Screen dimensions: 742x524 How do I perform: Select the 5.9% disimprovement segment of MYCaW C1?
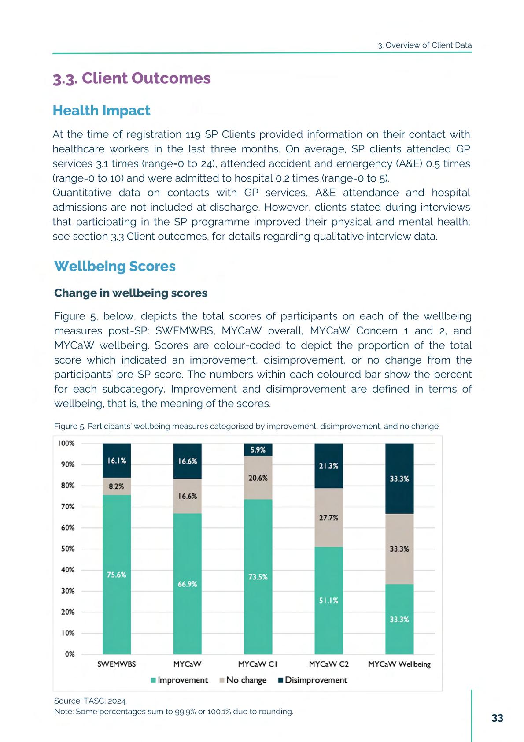tap(258, 450)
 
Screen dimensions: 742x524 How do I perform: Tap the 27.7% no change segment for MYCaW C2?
tap(328, 518)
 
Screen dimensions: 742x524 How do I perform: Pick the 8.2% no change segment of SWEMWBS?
tap(117, 486)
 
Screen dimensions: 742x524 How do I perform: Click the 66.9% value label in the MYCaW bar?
tap(187, 584)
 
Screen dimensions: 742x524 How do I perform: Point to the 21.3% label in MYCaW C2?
tap(328, 466)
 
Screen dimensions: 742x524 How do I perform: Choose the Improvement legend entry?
tap(179, 680)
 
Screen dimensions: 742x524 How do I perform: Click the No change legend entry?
tap(243, 680)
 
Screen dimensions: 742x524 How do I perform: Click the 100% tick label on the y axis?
tap(66, 444)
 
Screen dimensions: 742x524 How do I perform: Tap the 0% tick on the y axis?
tap(70, 654)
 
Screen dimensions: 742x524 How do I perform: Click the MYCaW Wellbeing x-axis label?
tap(399, 664)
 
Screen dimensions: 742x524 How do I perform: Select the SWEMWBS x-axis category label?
tap(117, 664)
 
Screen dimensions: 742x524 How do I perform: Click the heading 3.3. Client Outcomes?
tap(132, 78)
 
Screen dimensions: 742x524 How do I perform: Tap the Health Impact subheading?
tap(101, 111)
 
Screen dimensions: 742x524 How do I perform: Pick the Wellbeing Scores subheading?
tap(115, 267)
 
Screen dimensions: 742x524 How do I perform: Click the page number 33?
tap(497, 718)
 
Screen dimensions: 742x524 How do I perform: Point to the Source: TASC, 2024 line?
tap(90, 701)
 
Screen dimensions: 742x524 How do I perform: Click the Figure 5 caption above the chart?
tap(246, 426)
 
